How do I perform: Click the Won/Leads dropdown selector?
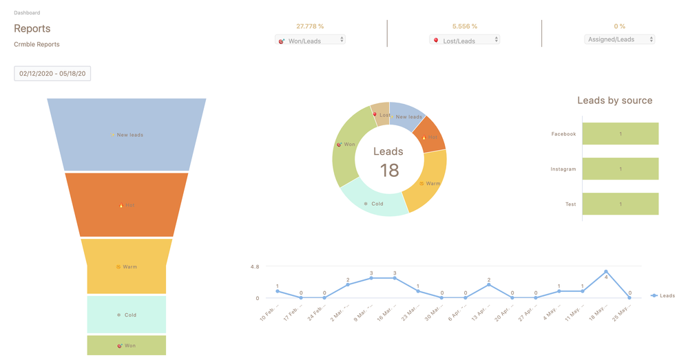[310, 40]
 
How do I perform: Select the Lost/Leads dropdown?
[464, 40]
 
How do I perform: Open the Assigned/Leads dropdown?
[619, 39]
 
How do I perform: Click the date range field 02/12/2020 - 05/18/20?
[52, 73]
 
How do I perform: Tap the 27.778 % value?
[310, 26]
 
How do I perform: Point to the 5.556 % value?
[464, 26]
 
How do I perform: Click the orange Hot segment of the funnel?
[127, 204]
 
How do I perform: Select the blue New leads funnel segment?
[127, 134]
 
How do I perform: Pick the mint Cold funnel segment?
[127, 315]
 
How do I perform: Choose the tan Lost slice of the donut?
[381, 114]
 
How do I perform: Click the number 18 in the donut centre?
[389, 170]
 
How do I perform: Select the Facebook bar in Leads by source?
[620, 134]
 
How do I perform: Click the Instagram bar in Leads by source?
[620, 169]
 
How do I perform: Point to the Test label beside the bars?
[570, 204]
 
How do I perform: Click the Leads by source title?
[614, 100]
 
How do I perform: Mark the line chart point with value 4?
[606, 272]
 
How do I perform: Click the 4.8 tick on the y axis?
[254, 266]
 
